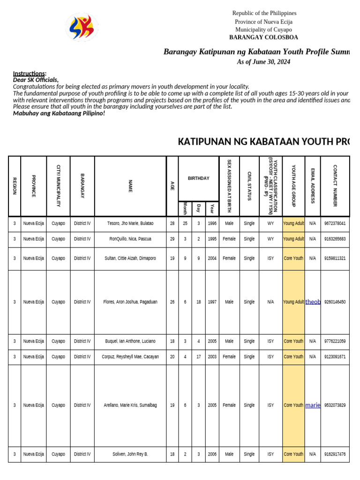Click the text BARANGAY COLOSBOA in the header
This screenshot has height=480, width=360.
coord(263,37)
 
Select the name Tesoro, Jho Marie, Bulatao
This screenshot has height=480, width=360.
coord(130,224)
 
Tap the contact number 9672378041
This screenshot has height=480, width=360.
coord(335,224)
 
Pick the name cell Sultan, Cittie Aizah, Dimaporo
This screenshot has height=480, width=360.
coord(130,258)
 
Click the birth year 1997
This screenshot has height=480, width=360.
coord(212,302)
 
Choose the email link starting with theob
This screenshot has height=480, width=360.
coord(313,302)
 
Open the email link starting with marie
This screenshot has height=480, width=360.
coord(313,405)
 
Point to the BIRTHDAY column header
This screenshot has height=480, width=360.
coord(199,179)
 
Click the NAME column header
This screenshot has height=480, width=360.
coord(130,186)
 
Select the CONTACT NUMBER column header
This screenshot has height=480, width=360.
coord(335,186)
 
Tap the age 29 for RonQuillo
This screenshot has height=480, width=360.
coord(172,239)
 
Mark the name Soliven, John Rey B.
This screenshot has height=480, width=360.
coord(130,454)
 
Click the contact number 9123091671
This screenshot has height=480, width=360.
coord(335,357)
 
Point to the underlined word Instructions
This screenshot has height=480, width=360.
coord(29,74)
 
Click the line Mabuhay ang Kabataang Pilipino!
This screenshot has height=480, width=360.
coord(59,113)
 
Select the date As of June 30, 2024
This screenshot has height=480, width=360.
coord(263,62)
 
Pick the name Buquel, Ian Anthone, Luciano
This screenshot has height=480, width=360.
coord(130,341)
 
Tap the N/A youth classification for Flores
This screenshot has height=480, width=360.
coord(270,302)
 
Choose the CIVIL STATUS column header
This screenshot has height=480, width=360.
coord(249,186)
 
